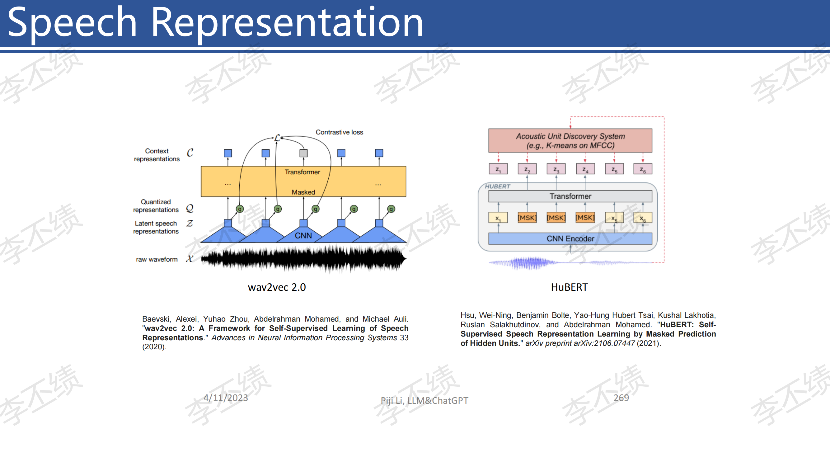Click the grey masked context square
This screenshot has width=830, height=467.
pos(303,153)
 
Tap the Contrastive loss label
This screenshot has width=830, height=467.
pos(339,132)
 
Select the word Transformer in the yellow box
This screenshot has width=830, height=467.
pos(302,172)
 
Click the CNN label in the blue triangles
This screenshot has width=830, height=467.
pos(303,236)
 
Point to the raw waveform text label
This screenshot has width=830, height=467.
pos(157,259)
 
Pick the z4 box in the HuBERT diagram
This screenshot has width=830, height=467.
pos(585,169)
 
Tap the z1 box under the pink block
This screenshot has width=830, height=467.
pos(498,169)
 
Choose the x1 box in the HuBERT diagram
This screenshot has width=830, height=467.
pos(498,218)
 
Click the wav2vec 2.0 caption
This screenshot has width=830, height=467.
pos(277,287)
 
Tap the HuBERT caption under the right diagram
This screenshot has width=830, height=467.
pos(569,287)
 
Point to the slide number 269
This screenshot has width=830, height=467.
pos(621,398)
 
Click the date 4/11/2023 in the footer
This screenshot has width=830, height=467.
pos(226,398)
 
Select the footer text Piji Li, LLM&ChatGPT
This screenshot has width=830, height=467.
pos(424,401)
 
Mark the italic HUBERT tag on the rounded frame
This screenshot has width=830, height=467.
pos(497,186)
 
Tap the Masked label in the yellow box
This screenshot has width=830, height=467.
pos(303,192)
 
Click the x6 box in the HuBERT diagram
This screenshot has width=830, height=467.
pos(643,218)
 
